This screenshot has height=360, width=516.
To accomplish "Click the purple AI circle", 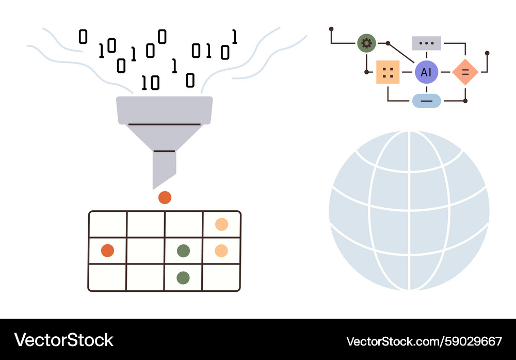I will tap(426, 72).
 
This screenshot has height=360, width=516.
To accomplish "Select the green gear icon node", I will tap(366, 43).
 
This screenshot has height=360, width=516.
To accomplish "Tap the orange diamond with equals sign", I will tap(465, 72).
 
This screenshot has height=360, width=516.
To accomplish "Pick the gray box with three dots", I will tap(426, 43).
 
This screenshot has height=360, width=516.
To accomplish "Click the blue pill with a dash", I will tap(426, 101).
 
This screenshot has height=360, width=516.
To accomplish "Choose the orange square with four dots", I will tap(388, 72).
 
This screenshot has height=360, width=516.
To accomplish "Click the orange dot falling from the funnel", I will tap(165, 197).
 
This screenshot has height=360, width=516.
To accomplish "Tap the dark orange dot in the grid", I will tap(107, 251).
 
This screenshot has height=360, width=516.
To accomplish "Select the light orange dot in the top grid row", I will tap(221, 224).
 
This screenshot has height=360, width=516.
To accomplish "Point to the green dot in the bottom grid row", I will tap(183, 278).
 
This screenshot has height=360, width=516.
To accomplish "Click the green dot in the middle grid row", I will tap(183, 251).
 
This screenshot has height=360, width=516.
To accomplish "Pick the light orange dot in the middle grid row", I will tap(221, 251).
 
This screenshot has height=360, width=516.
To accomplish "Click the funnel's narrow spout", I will tap(164, 168).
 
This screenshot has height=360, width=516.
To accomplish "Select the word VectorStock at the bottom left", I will tap(64, 340).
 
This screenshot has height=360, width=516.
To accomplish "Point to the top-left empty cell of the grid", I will tap(108, 224).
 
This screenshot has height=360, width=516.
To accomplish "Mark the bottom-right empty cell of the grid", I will tap(221, 278).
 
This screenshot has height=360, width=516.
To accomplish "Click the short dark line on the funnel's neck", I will tap(164, 151).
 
